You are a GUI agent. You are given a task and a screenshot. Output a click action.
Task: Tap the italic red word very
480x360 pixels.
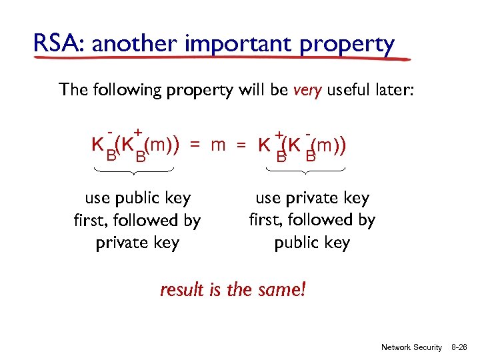coord(307,90)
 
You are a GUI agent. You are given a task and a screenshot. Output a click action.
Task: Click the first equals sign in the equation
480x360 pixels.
coord(194,145)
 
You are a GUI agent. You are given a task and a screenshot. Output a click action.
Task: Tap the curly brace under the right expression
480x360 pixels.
coord(305,172)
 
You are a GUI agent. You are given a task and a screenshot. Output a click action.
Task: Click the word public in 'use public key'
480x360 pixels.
coord(137,199)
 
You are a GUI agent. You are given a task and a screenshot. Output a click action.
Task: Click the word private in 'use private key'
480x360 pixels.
coord(313,199)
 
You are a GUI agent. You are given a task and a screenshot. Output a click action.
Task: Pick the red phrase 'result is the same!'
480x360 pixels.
coord(233,290)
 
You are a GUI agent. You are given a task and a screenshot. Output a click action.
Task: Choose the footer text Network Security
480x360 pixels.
coord(411,347)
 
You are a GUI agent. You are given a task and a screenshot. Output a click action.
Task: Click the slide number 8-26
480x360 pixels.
coord(461,347)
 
